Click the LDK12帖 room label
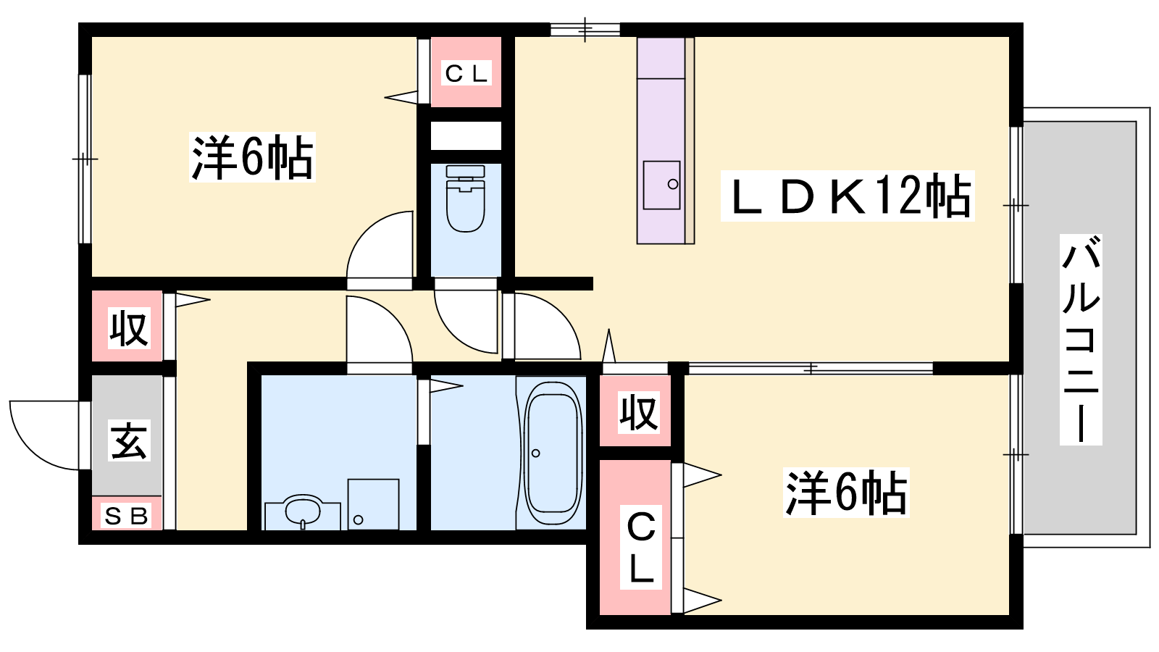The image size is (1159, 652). pos(848,196)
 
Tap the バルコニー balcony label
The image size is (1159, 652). pos(1080,340)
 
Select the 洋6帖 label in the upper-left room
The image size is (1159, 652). pos(252,156)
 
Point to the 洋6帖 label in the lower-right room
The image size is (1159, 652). pos(846,493)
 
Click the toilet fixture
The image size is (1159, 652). pos(466,198)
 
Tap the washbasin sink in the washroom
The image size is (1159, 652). pos(304,511)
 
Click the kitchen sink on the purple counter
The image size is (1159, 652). pos(662,185)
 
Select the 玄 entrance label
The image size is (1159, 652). pos(130,440)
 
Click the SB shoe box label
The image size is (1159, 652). pos(127,516)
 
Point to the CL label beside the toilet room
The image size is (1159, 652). pos(466,74)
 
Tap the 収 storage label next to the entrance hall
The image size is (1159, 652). pos(130,328)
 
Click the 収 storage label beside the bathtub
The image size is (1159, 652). pos(639,412)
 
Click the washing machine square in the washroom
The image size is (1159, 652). pos(373,504)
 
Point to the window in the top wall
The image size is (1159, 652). pos(585,30)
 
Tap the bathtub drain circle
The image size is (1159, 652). pos(536,454)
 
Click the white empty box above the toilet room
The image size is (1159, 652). pos(466,135)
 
